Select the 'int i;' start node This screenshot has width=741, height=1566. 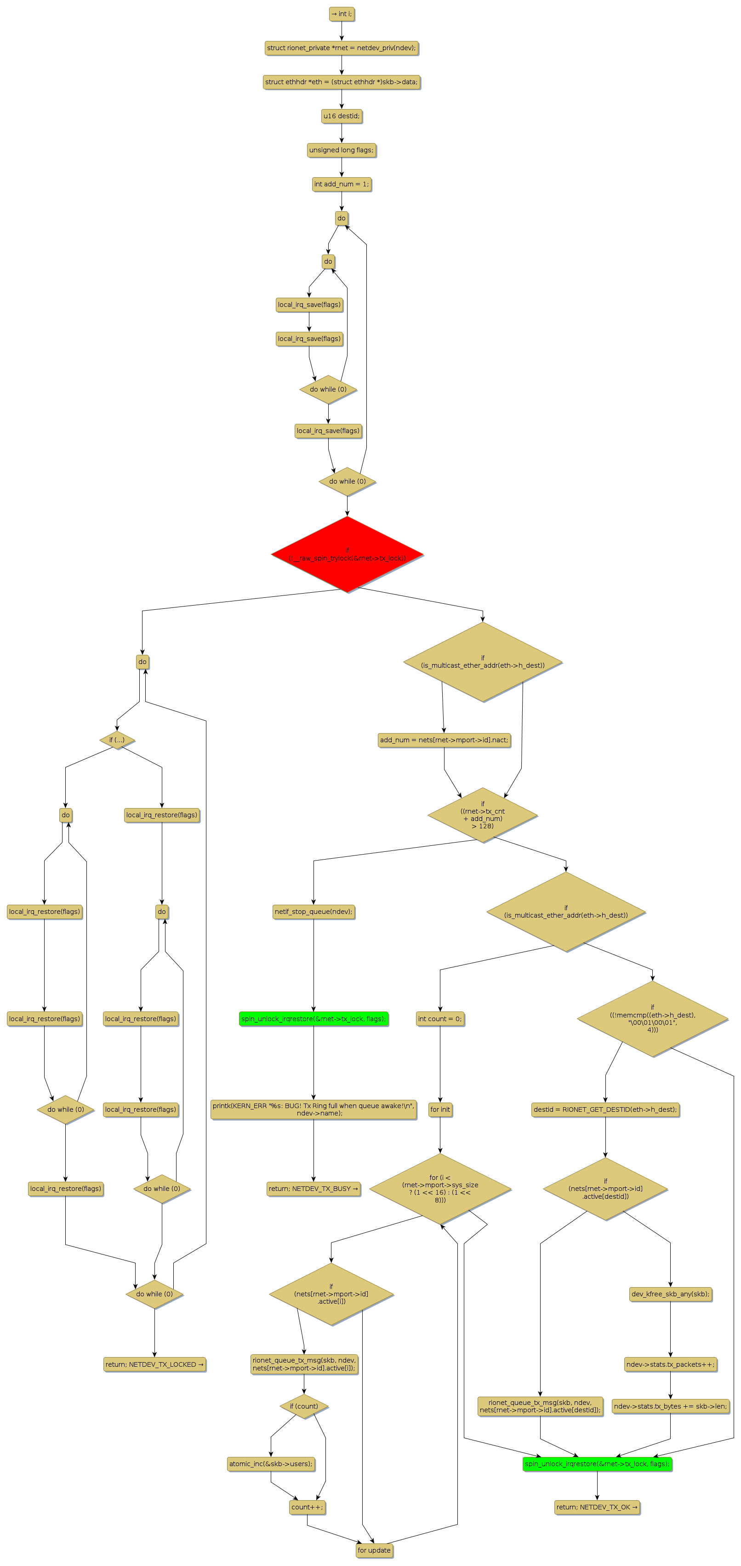(342, 14)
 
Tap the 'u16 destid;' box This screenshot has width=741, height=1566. (342, 116)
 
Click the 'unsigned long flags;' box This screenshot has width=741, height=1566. (342, 150)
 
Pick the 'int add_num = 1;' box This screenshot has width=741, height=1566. (342, 184)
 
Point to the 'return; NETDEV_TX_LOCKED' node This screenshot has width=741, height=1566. (154, 1364)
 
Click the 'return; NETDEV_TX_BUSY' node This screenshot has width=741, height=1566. (313, 1189)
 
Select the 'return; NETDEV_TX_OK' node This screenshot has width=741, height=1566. (597, 1507)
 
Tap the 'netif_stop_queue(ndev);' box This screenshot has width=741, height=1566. (313, 911)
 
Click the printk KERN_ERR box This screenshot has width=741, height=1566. (313, 1109)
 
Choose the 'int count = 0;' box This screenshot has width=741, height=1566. (440, 1018)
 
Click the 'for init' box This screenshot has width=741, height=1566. (440, 1109)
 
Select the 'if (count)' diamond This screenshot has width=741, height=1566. (304, 1406)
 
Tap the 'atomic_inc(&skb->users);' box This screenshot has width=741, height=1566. (271, 1464)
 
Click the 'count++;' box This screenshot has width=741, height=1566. (308, 1507)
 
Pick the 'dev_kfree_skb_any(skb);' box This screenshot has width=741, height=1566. (670, 1294)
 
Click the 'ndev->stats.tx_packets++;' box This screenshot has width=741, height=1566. (670, 1364)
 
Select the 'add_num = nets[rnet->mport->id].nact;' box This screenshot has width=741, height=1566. (444, 740)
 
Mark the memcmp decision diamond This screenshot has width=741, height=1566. (652, 1018)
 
